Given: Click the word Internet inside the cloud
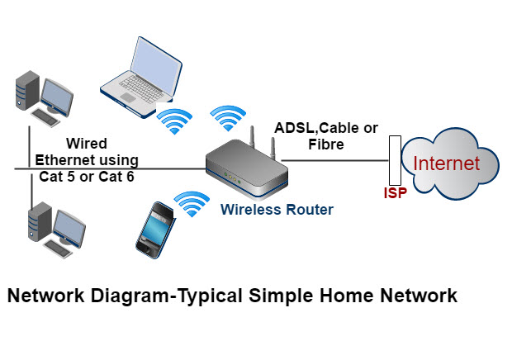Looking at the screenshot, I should click(x=447, y=163).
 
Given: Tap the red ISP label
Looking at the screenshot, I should click(x=395, y=194).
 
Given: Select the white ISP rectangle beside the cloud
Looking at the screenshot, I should click(x=395, y=161).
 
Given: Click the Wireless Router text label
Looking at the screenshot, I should click(x=277, y=210).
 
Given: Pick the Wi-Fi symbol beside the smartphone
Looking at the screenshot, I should click(x=191, y=202).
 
